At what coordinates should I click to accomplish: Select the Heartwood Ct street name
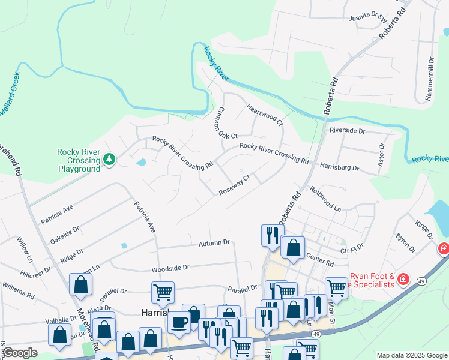[x=265, y=115]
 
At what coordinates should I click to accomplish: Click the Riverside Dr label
[x=347, y=130]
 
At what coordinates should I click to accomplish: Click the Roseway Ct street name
[x=234, y=185]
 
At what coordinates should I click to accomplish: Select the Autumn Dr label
[x=214, y=243]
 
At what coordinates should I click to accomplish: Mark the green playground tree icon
[x=109, y=160]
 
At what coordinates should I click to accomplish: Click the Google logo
[x=20, y=353]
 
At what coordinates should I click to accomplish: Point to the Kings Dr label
[x=423, y=228]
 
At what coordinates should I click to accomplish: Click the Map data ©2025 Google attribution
[x=411, y=355]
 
